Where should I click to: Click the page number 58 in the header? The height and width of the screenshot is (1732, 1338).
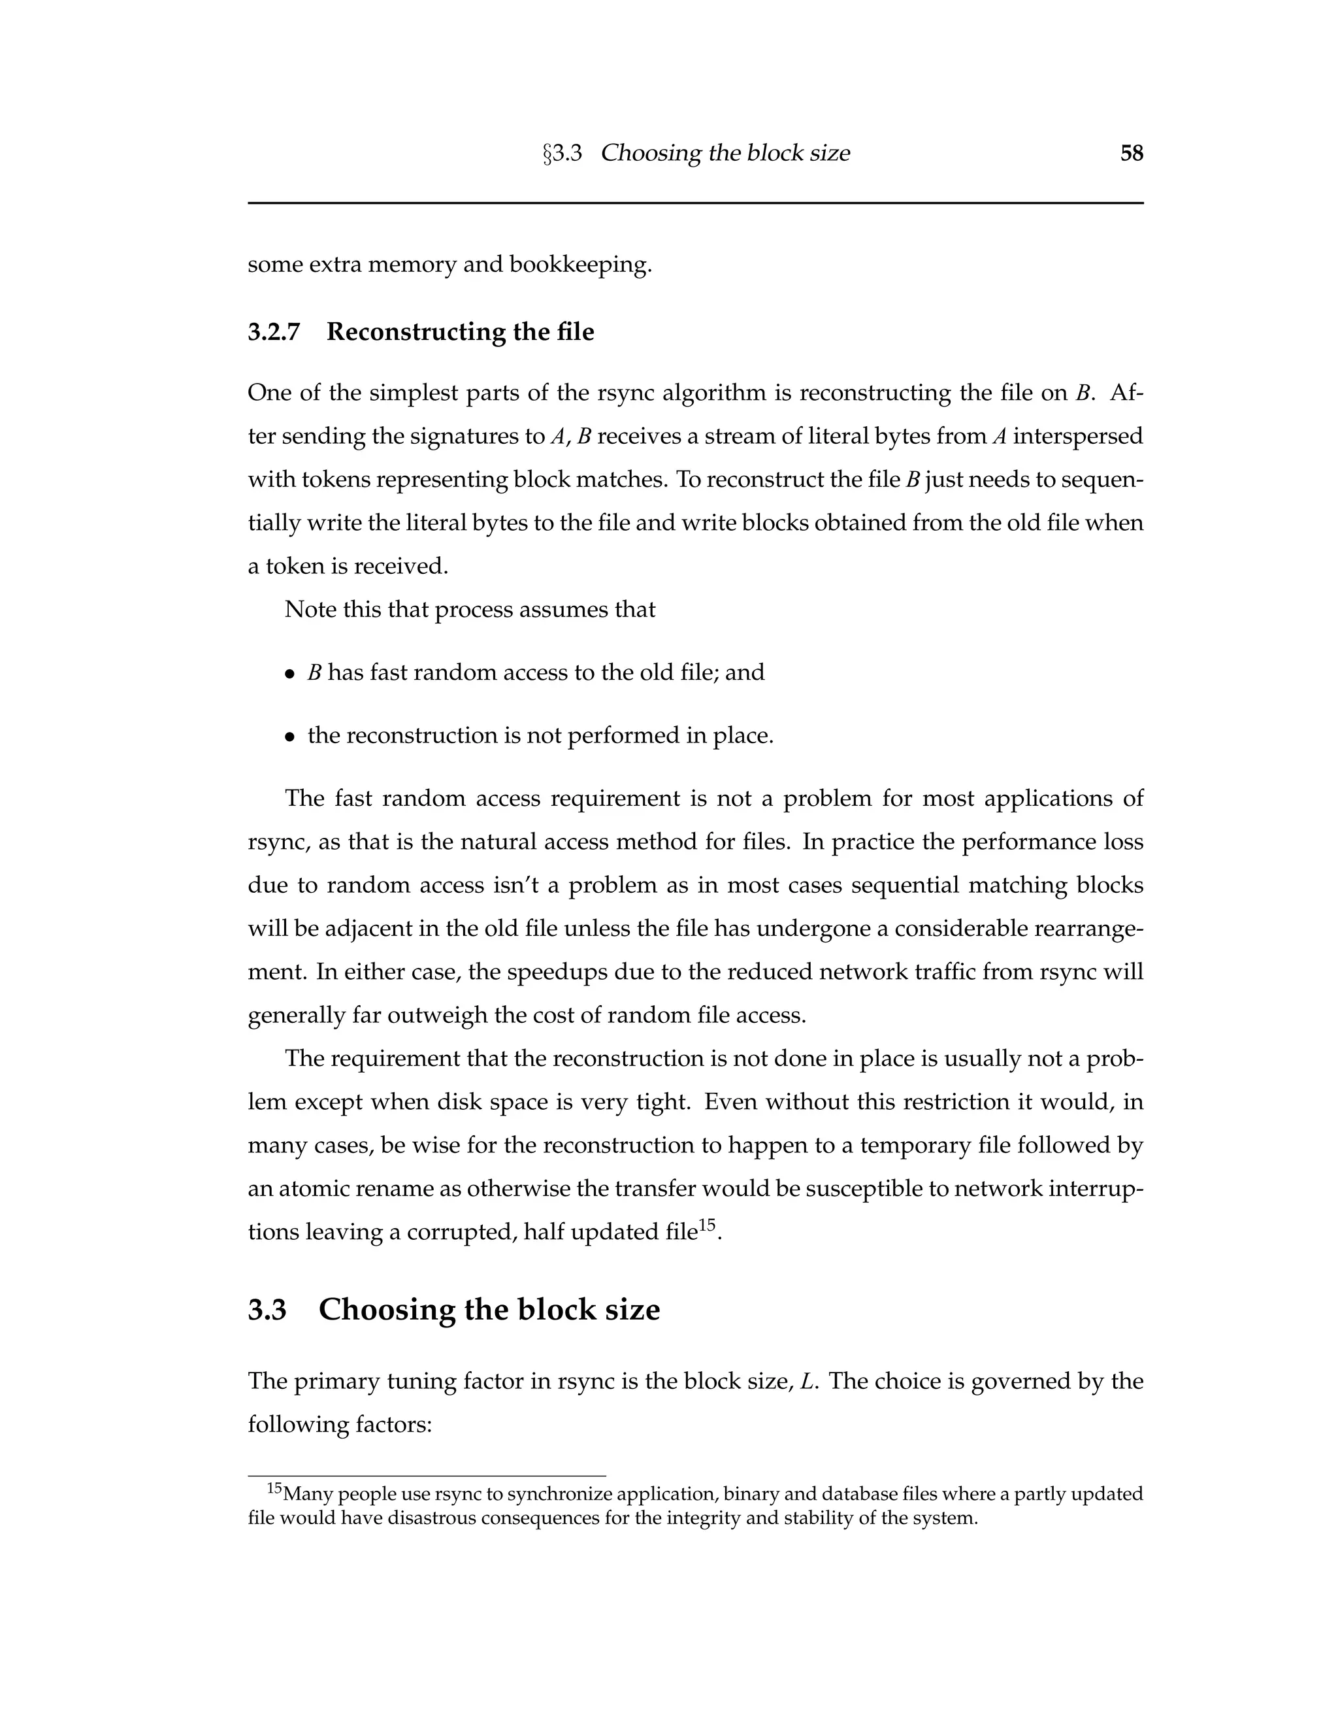click(1131, 153)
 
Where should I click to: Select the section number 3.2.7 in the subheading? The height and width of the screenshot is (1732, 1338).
click(274, 331)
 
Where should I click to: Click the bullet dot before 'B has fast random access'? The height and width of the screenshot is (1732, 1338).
click(290, 674)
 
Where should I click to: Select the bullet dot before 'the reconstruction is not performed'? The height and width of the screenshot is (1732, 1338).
click(290, 737)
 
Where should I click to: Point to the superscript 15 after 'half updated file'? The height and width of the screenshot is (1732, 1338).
click(707, 1225)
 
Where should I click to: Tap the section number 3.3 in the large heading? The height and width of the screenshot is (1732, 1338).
click(267, 1309)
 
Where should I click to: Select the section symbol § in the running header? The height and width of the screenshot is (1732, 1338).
click(547, 154)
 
